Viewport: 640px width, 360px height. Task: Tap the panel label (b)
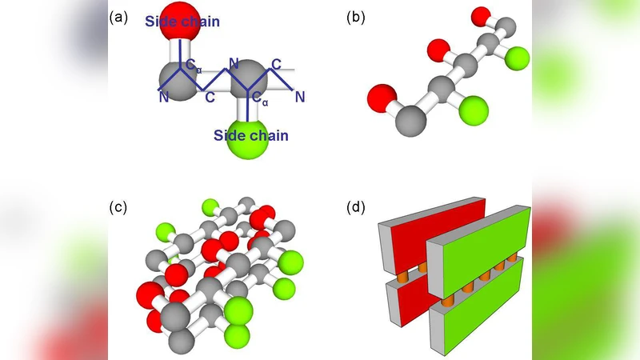pos(355,17)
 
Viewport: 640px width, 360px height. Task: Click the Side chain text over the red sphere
pos(182,22)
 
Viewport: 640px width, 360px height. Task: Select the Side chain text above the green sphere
pos(250,135)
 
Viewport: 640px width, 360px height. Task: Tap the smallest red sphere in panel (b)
pos(481,16)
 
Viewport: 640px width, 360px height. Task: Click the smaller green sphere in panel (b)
pos(517,58)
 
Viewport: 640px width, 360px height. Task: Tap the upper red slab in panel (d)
pos(436,228)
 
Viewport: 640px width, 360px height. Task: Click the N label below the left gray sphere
pos(163,98)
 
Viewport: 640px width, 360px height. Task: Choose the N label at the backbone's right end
pos(300,98)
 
